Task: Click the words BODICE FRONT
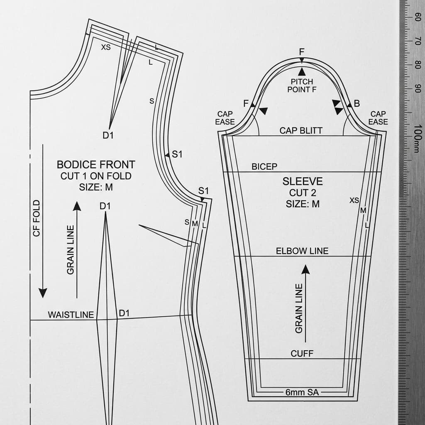pyautogui.click(x=96, y=164)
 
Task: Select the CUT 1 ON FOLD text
pyautogui.click(x=96, y=176)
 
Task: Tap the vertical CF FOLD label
pyautogui.click(x=37, y=218)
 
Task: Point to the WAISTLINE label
pyautogui.click(x=71, y=315)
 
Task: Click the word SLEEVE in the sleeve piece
pyautogui.click(x=303, y=181)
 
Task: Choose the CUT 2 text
pyautogui.click(x=303, y=193)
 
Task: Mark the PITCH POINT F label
pyautogui.click(x=302, y=85)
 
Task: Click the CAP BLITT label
pyautogui.click(x=301, y=131)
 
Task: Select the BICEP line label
pyautogui.click(x=264, y=167)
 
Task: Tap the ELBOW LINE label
pyautogui.click(x=302, y=251)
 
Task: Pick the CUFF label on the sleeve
pyautogui.click(x=302, y=354)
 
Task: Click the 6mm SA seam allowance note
pyautogui.click(x=302, y=392)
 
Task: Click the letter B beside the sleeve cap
pyautogui.click(x=356, y=104)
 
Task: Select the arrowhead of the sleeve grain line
pyautogui.click(x=305, y=269)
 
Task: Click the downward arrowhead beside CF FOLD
pyautogui.click(x=43, y=293)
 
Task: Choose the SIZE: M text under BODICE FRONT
pyautogui.click(x=96, y=187)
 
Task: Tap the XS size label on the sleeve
pyautogui.click(x=354, y=200)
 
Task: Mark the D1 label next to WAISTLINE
pyautogui.click(x=124, y=313)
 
